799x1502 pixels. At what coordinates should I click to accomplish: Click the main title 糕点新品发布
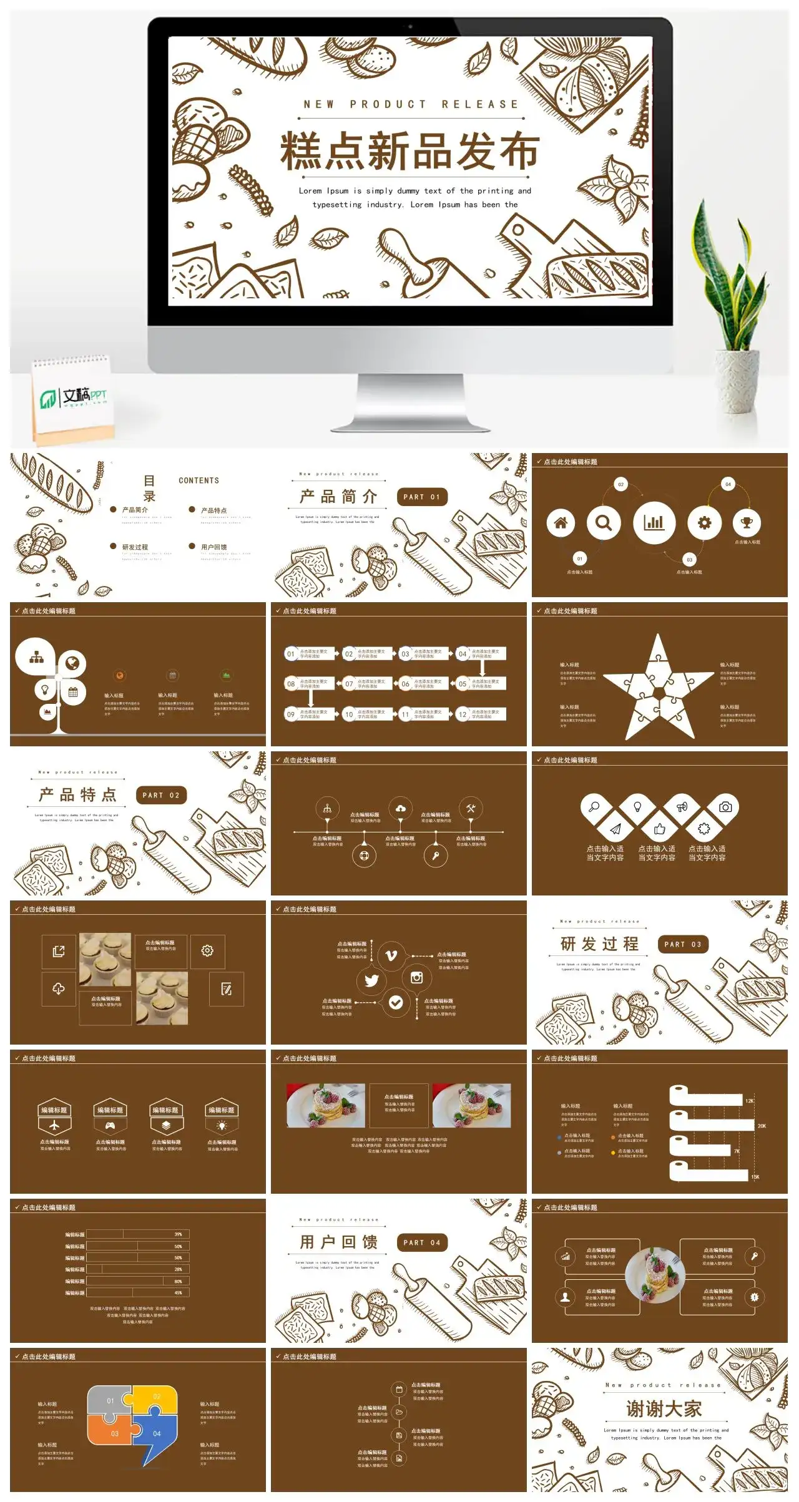coord(409,152)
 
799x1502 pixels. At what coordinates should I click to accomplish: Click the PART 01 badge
coord(422,497)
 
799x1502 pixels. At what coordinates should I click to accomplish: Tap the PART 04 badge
coord(422,1242)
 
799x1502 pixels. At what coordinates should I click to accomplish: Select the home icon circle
coord(561,523)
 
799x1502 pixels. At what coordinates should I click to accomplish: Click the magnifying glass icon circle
coord(603,523)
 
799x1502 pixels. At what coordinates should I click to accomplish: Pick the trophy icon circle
coord(747,523)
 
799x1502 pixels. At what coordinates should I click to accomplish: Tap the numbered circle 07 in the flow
coord(349,684)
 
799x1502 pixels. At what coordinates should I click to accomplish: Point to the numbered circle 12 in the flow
coord(463,714)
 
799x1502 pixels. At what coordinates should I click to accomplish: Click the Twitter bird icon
coord(371,980)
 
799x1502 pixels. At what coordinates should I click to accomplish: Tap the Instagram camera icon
coord(416,978)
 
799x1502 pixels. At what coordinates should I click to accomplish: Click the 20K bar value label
coord(762,1126)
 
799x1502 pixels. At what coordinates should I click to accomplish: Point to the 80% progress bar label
coord(178,1281)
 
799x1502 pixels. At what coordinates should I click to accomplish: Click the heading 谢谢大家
coord(664,1409)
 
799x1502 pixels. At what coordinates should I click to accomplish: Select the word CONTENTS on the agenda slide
coord(199,480)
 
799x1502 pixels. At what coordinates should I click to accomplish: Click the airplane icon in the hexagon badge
coord(54,1126)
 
